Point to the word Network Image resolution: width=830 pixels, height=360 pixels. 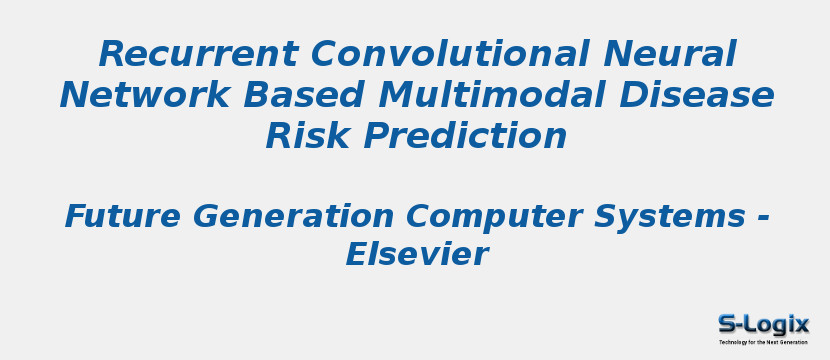pos(135,95)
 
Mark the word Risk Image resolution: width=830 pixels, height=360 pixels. pos(304,136)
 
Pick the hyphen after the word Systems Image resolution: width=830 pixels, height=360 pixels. pos(762,217)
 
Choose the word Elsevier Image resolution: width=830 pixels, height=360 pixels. pos(416,255)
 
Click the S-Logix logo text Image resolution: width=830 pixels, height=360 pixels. pos(763,324)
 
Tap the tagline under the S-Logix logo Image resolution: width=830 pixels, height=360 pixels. pos(763,342)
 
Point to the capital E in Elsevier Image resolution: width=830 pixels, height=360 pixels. pos(356,255)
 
